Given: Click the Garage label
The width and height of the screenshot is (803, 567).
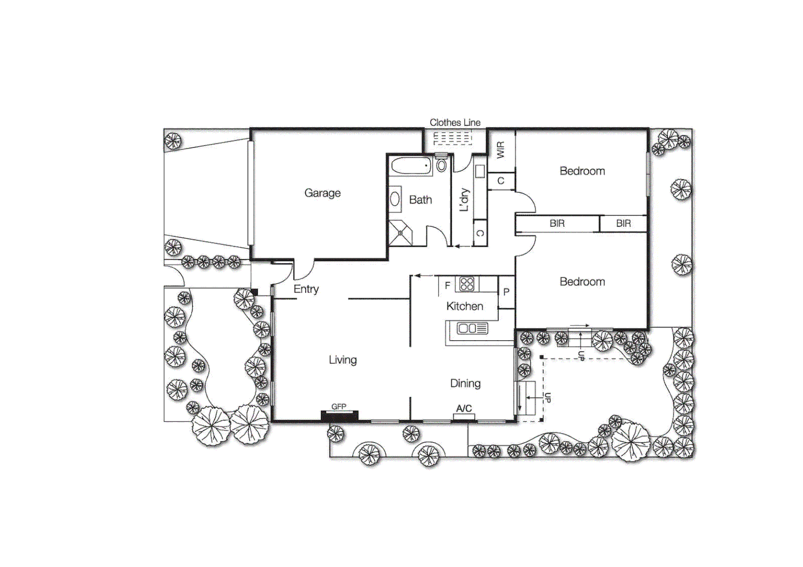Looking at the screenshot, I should point(322,193).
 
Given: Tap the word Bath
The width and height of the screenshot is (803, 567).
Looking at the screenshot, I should point(420,200).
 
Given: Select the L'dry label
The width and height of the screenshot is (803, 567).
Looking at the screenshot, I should point(464,199).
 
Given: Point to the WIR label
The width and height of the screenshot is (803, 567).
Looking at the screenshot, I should point(500,150).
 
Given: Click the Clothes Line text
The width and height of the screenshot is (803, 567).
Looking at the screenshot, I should point(455,122).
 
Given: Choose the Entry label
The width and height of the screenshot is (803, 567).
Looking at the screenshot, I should point(306,289).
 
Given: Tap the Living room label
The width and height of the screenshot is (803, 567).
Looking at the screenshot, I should point(342,360).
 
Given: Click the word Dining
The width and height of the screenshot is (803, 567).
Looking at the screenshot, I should point(465,384).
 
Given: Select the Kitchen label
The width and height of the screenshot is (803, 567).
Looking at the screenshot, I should point(464,307).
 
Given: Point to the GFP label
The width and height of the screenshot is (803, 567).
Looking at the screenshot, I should point(339,406).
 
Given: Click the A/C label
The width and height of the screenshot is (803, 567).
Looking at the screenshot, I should point(464,408).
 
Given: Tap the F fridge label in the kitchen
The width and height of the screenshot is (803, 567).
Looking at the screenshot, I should point(447,286).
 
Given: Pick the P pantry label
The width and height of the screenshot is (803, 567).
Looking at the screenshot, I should point(506,292).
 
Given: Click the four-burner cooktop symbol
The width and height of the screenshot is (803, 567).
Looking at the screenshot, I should point(466,284).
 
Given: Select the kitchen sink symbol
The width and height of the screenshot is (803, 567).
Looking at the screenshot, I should point(472,329).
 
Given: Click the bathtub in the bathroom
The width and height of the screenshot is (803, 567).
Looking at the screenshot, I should point(412,166).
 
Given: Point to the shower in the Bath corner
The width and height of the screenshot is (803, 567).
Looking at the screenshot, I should point(400,233).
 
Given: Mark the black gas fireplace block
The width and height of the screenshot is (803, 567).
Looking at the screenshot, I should point(339,416).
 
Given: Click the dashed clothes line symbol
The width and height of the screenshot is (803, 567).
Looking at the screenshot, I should point(452,138).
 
